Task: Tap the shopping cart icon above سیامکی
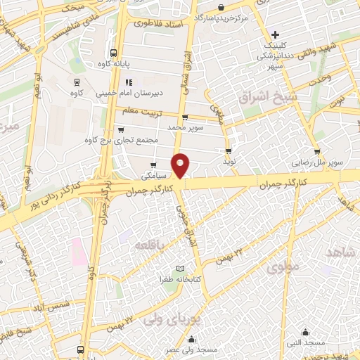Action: coord(153,165)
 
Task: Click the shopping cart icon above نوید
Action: coord(229,151)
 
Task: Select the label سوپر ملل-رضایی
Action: coord(319,162)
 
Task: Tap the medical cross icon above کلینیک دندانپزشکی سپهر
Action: coord(276,34)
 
